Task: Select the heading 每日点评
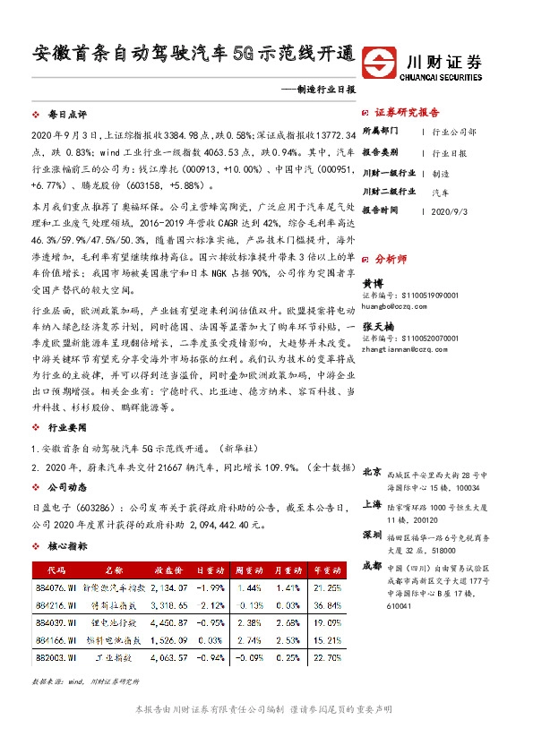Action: tap(67, 116)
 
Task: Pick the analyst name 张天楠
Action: tap(377, 329)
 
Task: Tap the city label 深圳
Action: tap(373, 534)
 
